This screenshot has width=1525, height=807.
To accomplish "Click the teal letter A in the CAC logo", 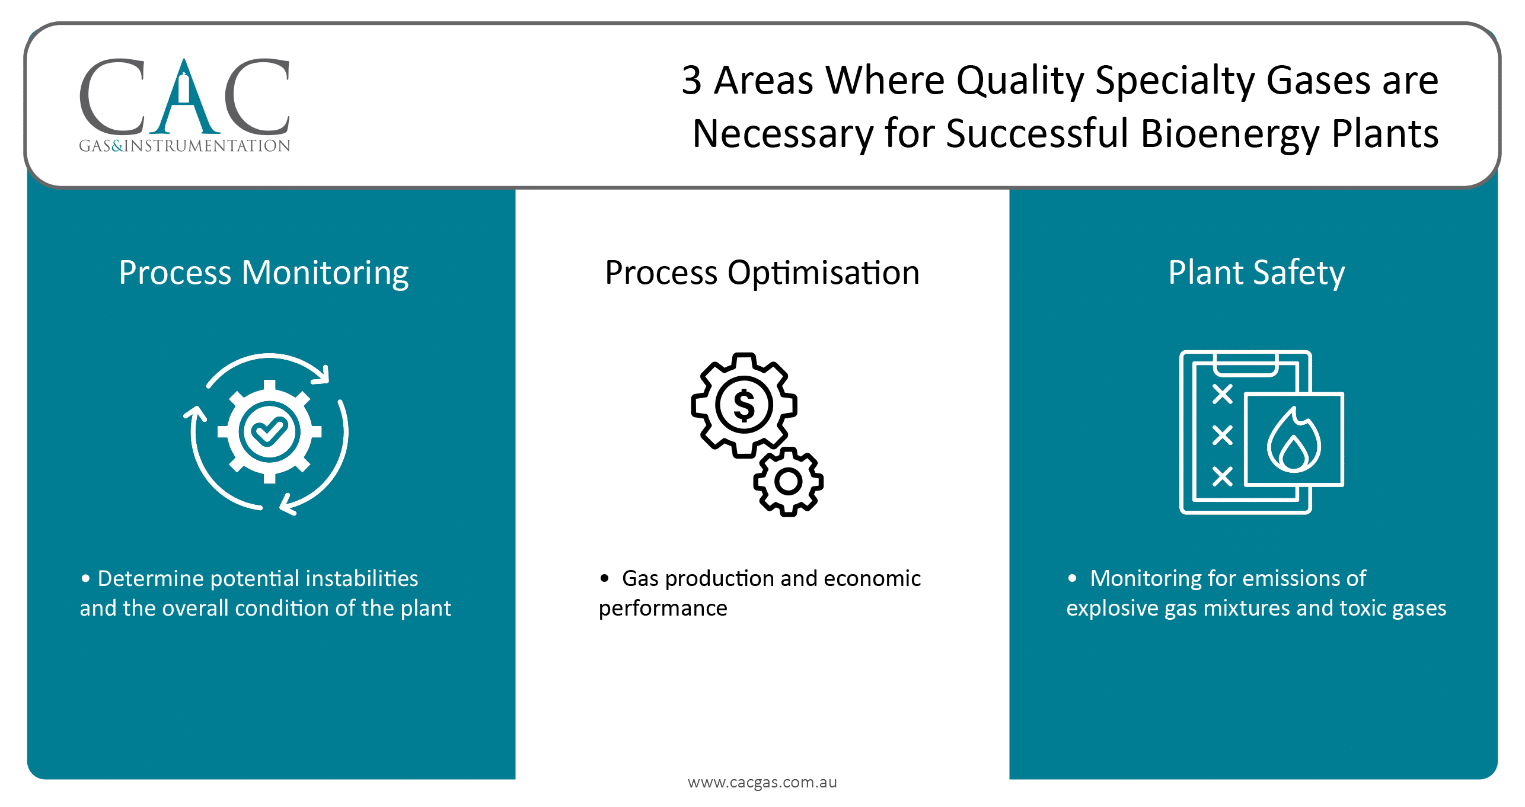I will coord(184,98).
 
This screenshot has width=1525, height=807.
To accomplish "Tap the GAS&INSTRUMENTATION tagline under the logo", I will coord(184,146).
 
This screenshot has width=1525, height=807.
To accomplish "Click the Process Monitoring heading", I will coord(263,273).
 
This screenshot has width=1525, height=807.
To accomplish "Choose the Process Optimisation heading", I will coord(762,273).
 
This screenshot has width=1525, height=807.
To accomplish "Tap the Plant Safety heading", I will coord(1256,273).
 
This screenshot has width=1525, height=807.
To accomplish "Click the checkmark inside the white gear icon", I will coord(269,431).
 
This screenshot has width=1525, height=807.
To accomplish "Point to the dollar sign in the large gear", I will coord(744,406).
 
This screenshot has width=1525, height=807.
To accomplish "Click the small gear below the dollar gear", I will coord(788,481).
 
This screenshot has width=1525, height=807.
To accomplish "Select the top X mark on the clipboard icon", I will coord(1222,394).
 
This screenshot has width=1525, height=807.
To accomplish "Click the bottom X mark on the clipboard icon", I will coord(1222,476).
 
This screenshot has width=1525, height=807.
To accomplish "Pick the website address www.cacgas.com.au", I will coord(762,782).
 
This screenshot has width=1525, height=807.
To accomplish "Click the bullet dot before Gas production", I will coord(604,578).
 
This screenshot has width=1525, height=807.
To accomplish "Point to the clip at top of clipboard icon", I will coord(1245,364).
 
